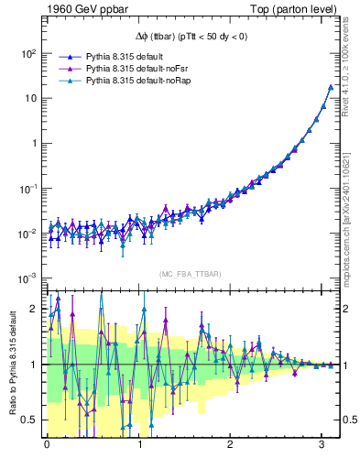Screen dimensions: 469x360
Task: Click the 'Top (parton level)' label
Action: [x=291, y=9]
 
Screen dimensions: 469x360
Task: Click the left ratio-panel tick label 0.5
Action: [x=30, y=420]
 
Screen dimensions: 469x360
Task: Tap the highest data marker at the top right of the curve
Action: [x=331, y=87]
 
